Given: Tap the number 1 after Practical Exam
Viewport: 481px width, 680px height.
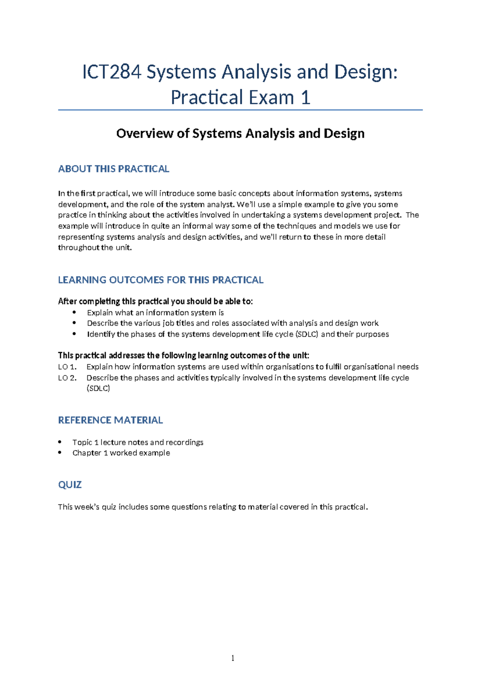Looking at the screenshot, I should pyautogui.click(x=305, y=98).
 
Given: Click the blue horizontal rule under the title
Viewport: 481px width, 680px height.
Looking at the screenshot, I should pyautogui.click(x=240, y=110).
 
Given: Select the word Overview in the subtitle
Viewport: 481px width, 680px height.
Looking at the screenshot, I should pyautogui.click(x=144, y=134).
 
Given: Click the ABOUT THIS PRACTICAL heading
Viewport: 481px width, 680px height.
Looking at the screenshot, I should pyautogui.click(x=113, y=169).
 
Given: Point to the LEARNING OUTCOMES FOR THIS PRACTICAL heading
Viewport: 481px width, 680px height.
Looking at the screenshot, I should pyautogui.click(x=160, y=280).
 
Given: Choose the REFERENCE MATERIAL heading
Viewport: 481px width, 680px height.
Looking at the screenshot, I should pyautogui.click(x=110, y=420).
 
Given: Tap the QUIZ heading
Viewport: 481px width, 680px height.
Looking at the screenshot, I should pyautogui.click(x=70, y=485).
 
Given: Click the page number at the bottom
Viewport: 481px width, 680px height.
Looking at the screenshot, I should pyautogui.click(x=233, y=658).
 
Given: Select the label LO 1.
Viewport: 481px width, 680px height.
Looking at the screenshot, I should pyautogui.click(x=67, y=367).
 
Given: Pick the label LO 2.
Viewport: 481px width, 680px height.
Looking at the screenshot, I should pyautogui.click(x=67, y=378).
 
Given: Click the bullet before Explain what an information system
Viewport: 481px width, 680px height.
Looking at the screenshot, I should pyautogui.click(x=74, y=312).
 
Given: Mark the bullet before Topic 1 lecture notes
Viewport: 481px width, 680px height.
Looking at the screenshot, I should pyautogui.click(x=60, y=442).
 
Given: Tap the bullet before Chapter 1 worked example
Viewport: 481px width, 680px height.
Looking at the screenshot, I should pyautogui.click(x=60, y=453).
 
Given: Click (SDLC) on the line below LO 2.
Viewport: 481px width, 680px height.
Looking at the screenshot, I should pyautogui.click(x=98, y=389).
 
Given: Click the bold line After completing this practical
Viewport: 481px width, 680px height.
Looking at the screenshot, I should pyautogui.click(x=155, y=302).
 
